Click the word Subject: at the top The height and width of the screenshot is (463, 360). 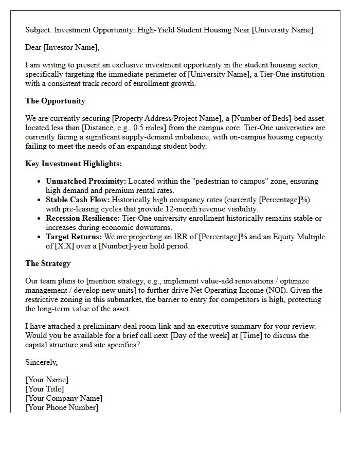[x=40, y=30]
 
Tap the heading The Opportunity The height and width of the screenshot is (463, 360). [x=55, y=101]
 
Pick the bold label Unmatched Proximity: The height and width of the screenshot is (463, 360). [x=86, y=181]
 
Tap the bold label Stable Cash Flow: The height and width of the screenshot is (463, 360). [x=78, y=200]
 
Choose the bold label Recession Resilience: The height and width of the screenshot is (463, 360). [x=83, y=218]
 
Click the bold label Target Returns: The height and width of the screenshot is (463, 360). [x=74, y=237]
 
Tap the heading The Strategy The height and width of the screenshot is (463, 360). [x=48, y=263]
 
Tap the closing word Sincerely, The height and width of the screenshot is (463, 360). [x=42, y=362]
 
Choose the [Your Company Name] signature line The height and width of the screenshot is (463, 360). [x=64, y=398]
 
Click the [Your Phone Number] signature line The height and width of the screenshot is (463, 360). [x=62, y=407]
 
